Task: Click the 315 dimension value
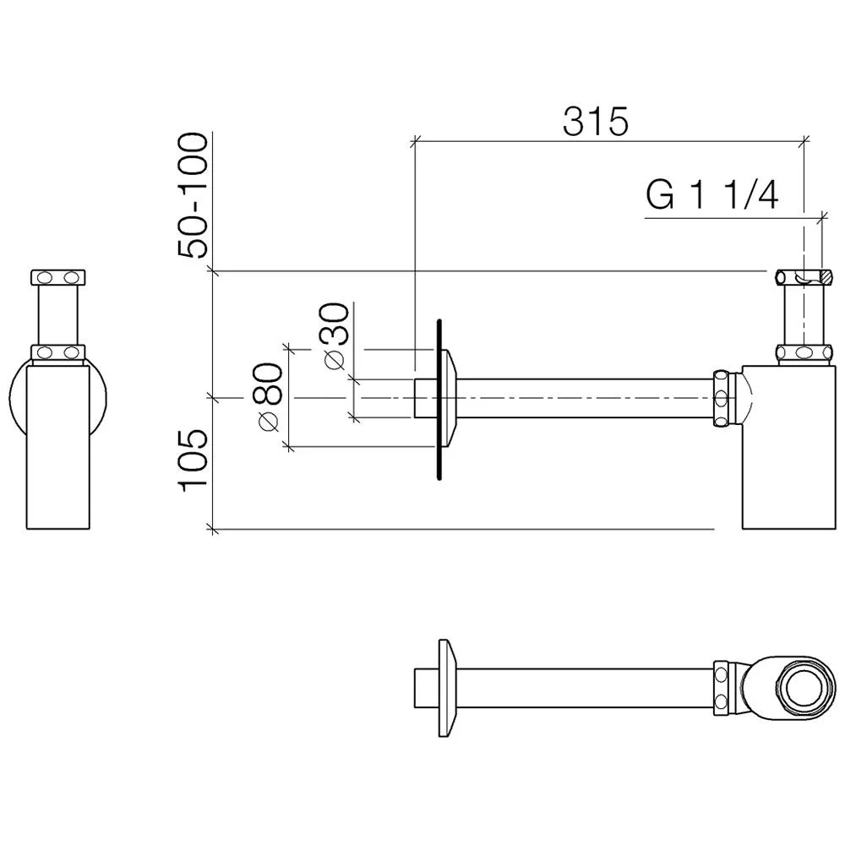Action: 596,121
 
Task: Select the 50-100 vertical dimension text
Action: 192,196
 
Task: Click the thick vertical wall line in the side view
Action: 439,400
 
